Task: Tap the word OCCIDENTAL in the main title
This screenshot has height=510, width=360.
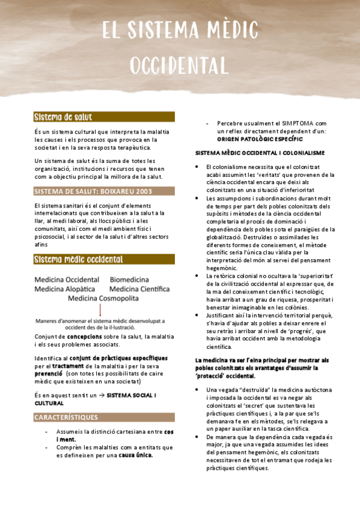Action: [179, 64]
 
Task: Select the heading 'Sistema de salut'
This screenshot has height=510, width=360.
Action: [63, 117]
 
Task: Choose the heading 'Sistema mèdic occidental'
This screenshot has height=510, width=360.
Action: [79, 259]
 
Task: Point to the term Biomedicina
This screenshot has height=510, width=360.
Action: [129, 280]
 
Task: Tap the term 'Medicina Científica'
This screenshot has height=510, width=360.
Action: [139, 289]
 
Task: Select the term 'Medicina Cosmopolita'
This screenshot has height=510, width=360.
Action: [103, 298]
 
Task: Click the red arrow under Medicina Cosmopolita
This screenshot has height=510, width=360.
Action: [100, 310]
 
